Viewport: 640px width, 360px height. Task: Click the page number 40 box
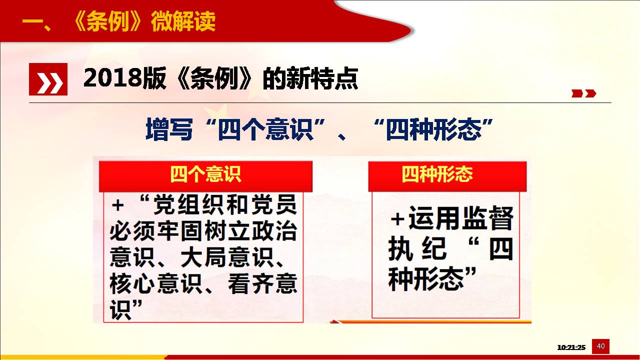(x=600, y=346)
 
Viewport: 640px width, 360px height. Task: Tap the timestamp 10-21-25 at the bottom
(x=571, y=347)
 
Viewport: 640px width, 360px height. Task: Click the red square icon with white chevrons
(x=48, y=79)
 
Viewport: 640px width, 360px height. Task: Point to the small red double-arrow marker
(x=583, y=93)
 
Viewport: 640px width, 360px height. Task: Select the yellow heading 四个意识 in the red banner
(x=205, y=174)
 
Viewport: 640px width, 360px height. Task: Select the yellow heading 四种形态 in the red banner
(x=437, y=174)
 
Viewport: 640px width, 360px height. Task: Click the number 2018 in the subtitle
(x=113, y=77)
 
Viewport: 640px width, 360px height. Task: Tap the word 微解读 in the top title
(x=183, y=21)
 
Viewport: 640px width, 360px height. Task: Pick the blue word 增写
(x=169, y=129)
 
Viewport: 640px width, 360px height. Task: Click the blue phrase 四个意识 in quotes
(x=265, y=129)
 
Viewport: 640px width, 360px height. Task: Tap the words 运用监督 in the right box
(x=461, y=218)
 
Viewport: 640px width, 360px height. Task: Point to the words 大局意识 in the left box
(x=227, y=257)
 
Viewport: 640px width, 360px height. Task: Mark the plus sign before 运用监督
(x=397, y=219)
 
